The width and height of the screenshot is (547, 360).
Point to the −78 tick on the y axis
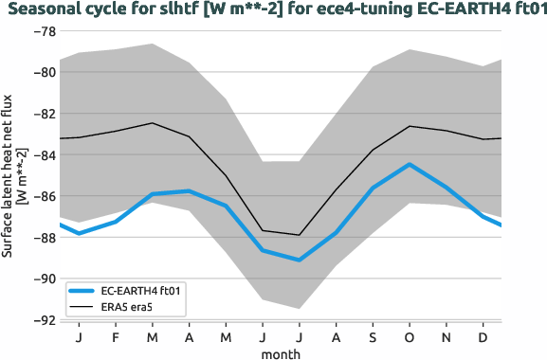[x=42, y=31]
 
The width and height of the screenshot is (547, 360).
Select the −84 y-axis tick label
[x=42, y=155]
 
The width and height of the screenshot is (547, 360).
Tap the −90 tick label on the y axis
[x=42, y=279]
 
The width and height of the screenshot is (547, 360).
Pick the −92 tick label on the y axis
[x=42, y=320]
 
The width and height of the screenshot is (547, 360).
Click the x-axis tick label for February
[x=116, y=337]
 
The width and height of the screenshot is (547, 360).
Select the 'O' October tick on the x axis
[x=410, y=337]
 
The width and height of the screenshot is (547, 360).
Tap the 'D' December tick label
[x=483, y=337]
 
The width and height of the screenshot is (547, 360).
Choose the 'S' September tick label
[x=374, y=337]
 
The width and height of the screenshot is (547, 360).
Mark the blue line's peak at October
[x=410, y=165]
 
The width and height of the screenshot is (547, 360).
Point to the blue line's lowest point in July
[x=300, y=260]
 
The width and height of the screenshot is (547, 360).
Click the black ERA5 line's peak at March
[x=153, y=123]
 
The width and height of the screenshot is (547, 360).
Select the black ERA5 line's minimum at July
[x=300, y=235]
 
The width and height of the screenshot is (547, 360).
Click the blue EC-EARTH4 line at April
[x=190, y=191]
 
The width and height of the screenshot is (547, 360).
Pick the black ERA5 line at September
[x=374, y=150]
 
